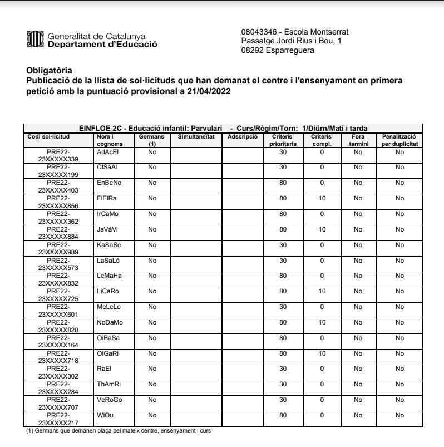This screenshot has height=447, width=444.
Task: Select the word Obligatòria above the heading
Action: [49, 70]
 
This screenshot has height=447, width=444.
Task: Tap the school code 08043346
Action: [258, 32]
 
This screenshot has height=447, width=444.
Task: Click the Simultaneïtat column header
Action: [196, 136]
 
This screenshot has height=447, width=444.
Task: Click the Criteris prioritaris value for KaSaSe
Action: [283, 244]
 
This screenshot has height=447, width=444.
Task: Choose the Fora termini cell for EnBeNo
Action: [358, 182]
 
